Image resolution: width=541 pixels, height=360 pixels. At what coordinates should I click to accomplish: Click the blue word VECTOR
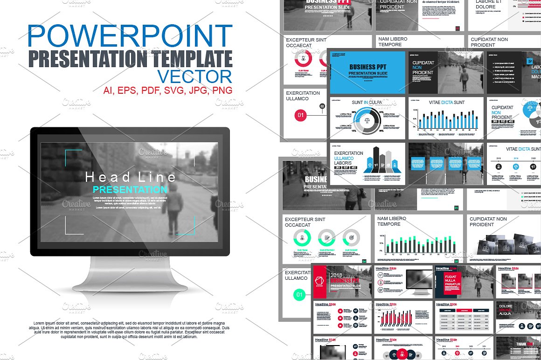(194, 76)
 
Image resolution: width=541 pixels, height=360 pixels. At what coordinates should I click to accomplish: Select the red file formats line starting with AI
(167, 90)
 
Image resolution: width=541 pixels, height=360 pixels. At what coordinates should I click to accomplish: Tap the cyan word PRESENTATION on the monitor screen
(130, 189)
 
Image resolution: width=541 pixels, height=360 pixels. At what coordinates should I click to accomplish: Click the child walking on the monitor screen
(173, 210)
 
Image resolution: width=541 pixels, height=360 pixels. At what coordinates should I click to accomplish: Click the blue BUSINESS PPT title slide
(368, 72)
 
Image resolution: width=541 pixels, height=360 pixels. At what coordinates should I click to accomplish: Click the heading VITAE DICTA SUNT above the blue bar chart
(446, 102)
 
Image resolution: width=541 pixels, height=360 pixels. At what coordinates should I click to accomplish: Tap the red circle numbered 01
(300, 115)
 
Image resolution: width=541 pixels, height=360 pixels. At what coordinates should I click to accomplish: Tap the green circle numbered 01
(299, 294)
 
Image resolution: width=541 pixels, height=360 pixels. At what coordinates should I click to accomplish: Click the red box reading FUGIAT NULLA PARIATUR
(449, 283)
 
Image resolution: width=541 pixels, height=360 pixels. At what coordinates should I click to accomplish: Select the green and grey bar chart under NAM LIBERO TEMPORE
(420, 244)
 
